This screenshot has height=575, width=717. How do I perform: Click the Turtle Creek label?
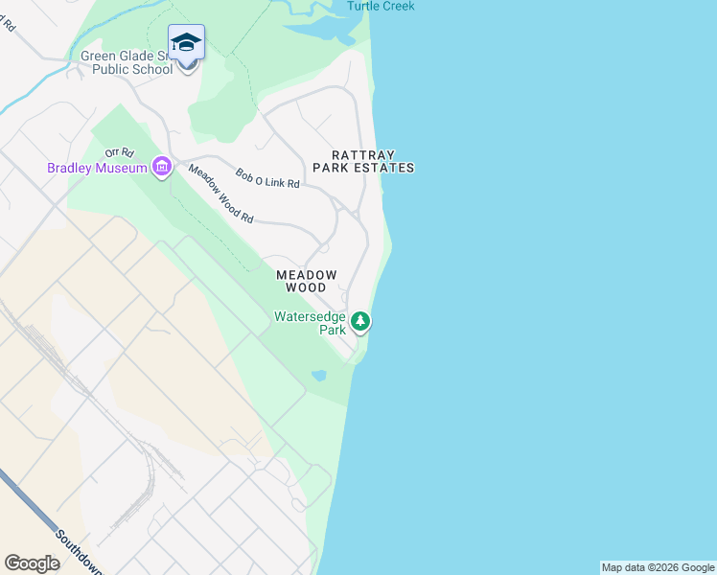click(381, 6)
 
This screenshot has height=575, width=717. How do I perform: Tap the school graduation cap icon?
click(186, 43)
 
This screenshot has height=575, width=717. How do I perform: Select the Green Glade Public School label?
click(127, 62)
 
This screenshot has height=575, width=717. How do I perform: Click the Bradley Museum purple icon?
click(161, 169)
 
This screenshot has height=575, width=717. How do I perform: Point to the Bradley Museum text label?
click(97, 169)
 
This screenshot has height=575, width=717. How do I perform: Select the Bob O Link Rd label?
click(268, 177)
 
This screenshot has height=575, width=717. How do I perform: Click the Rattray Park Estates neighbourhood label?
click(373, 161)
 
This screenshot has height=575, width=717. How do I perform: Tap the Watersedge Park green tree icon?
click(359, 321)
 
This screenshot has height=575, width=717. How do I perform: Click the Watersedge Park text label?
click(310, 322)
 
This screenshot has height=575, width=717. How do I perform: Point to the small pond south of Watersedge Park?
click(319, 375)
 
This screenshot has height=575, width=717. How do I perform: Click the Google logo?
click(33, 563)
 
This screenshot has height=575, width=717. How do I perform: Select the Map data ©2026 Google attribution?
click(658, 567)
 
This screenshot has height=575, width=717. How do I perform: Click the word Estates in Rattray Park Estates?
click(389, 168)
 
